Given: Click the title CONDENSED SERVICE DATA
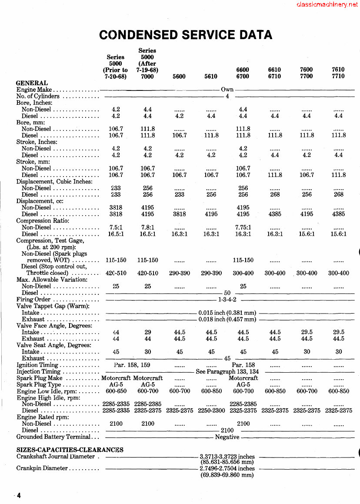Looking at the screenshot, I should [186, 35].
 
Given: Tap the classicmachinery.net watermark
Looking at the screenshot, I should [327, 5].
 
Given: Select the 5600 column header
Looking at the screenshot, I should [179, 77].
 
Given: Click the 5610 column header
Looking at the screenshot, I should [211, 77].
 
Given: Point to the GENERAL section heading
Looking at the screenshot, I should [32, 83].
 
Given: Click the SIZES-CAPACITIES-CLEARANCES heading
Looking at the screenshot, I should [70, 450].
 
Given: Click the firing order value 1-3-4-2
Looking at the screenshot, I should [227, 300].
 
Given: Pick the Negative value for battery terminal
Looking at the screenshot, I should [227, 437].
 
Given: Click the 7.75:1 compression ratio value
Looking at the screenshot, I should [243, 227].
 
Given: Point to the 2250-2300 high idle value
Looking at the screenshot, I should [211, 411].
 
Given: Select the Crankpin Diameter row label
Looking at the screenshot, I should [42, 468].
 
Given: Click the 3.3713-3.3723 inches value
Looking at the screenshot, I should [227, 457].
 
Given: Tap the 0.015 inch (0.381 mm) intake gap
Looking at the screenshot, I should [227, 313].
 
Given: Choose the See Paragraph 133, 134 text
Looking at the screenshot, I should [227, 372].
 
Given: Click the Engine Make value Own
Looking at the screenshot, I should [227, 90].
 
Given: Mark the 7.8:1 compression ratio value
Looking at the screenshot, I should [147, 227].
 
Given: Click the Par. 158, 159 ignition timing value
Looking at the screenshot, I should [132, 365].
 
